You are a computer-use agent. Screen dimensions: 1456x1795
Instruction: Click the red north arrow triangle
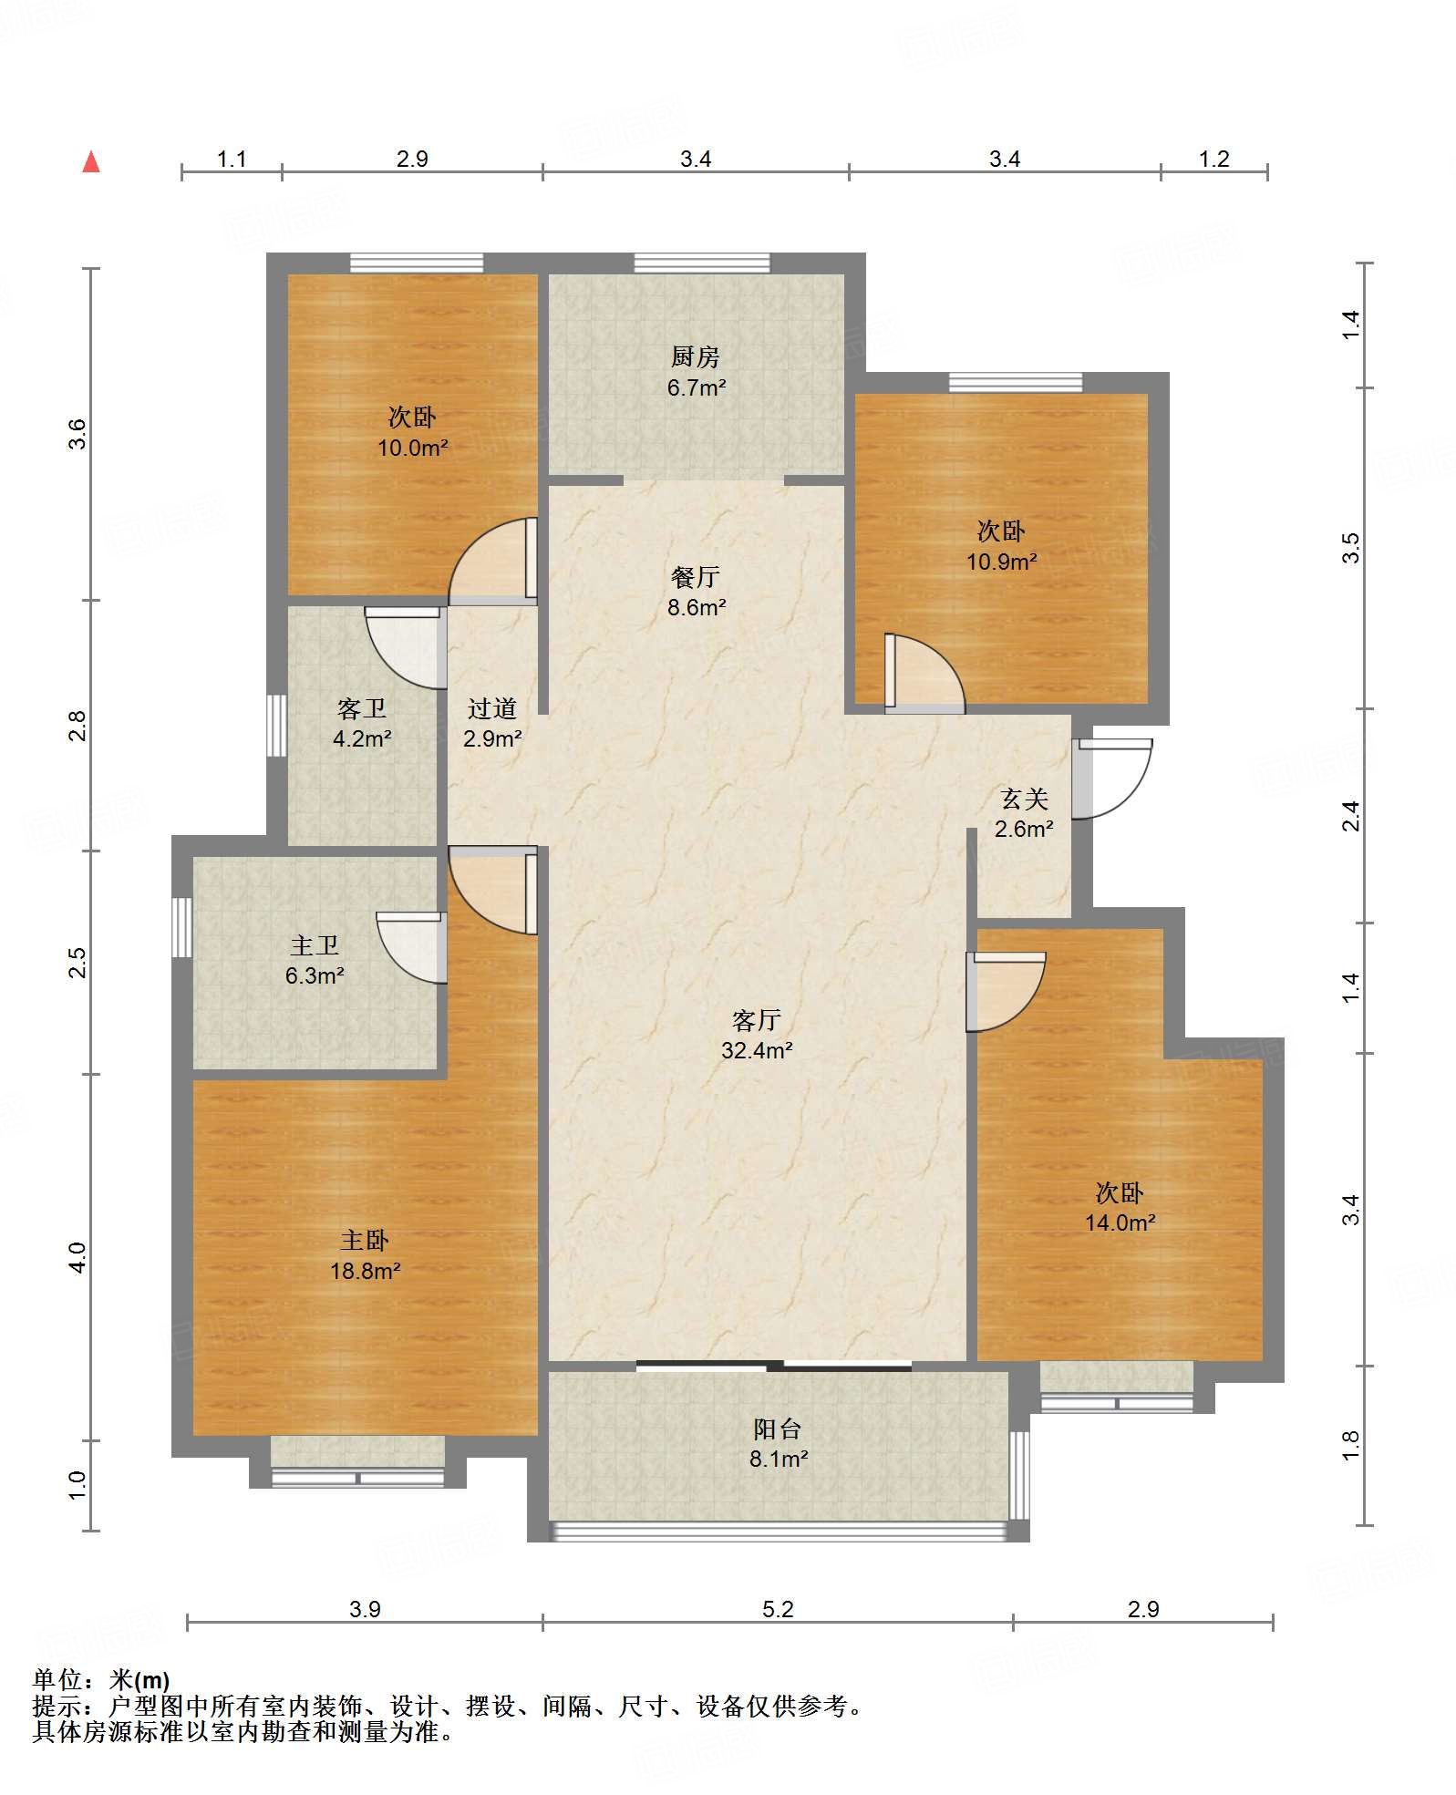[x=91, y=161]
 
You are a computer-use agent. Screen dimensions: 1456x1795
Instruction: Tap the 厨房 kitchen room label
[x=696, y=356]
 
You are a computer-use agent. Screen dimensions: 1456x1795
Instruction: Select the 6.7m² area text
[x=697, y=387]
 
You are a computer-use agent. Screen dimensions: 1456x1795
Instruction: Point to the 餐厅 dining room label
[x=696, y=577]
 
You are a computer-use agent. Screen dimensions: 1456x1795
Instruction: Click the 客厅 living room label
[x=757, y=1020]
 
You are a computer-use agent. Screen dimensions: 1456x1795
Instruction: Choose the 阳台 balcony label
[x=778, y=1429]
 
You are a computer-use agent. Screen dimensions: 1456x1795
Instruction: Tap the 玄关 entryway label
[x=1025, y=799]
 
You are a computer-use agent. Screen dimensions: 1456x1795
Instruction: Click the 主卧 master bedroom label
[x=365, y=1240]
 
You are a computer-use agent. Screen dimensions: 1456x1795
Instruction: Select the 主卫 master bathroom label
[x=315, y=945]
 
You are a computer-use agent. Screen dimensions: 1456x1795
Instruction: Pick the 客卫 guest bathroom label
[x=362, y=708]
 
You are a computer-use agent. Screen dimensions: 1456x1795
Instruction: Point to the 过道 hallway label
[x=492, y=708]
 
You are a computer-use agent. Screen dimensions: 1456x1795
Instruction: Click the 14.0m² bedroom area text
[x=1120, y=1222]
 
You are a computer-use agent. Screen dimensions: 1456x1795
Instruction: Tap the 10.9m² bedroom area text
[x=1002, y=562]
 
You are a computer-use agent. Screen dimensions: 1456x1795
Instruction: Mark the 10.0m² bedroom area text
[x=413, y=448]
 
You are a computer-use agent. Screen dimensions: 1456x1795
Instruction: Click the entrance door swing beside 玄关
[x=1112, y=779]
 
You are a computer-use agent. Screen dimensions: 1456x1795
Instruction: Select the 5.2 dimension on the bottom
[x=778, y=1609]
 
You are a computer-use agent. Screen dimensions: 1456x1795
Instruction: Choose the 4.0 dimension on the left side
[x=77, y=1257]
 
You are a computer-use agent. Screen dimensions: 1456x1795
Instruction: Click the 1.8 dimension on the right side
[x=1350, y=1446]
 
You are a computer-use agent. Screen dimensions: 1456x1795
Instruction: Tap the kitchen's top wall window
[x=702, y=263]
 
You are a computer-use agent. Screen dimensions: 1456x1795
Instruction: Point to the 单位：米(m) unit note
[x=101, y=1680]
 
